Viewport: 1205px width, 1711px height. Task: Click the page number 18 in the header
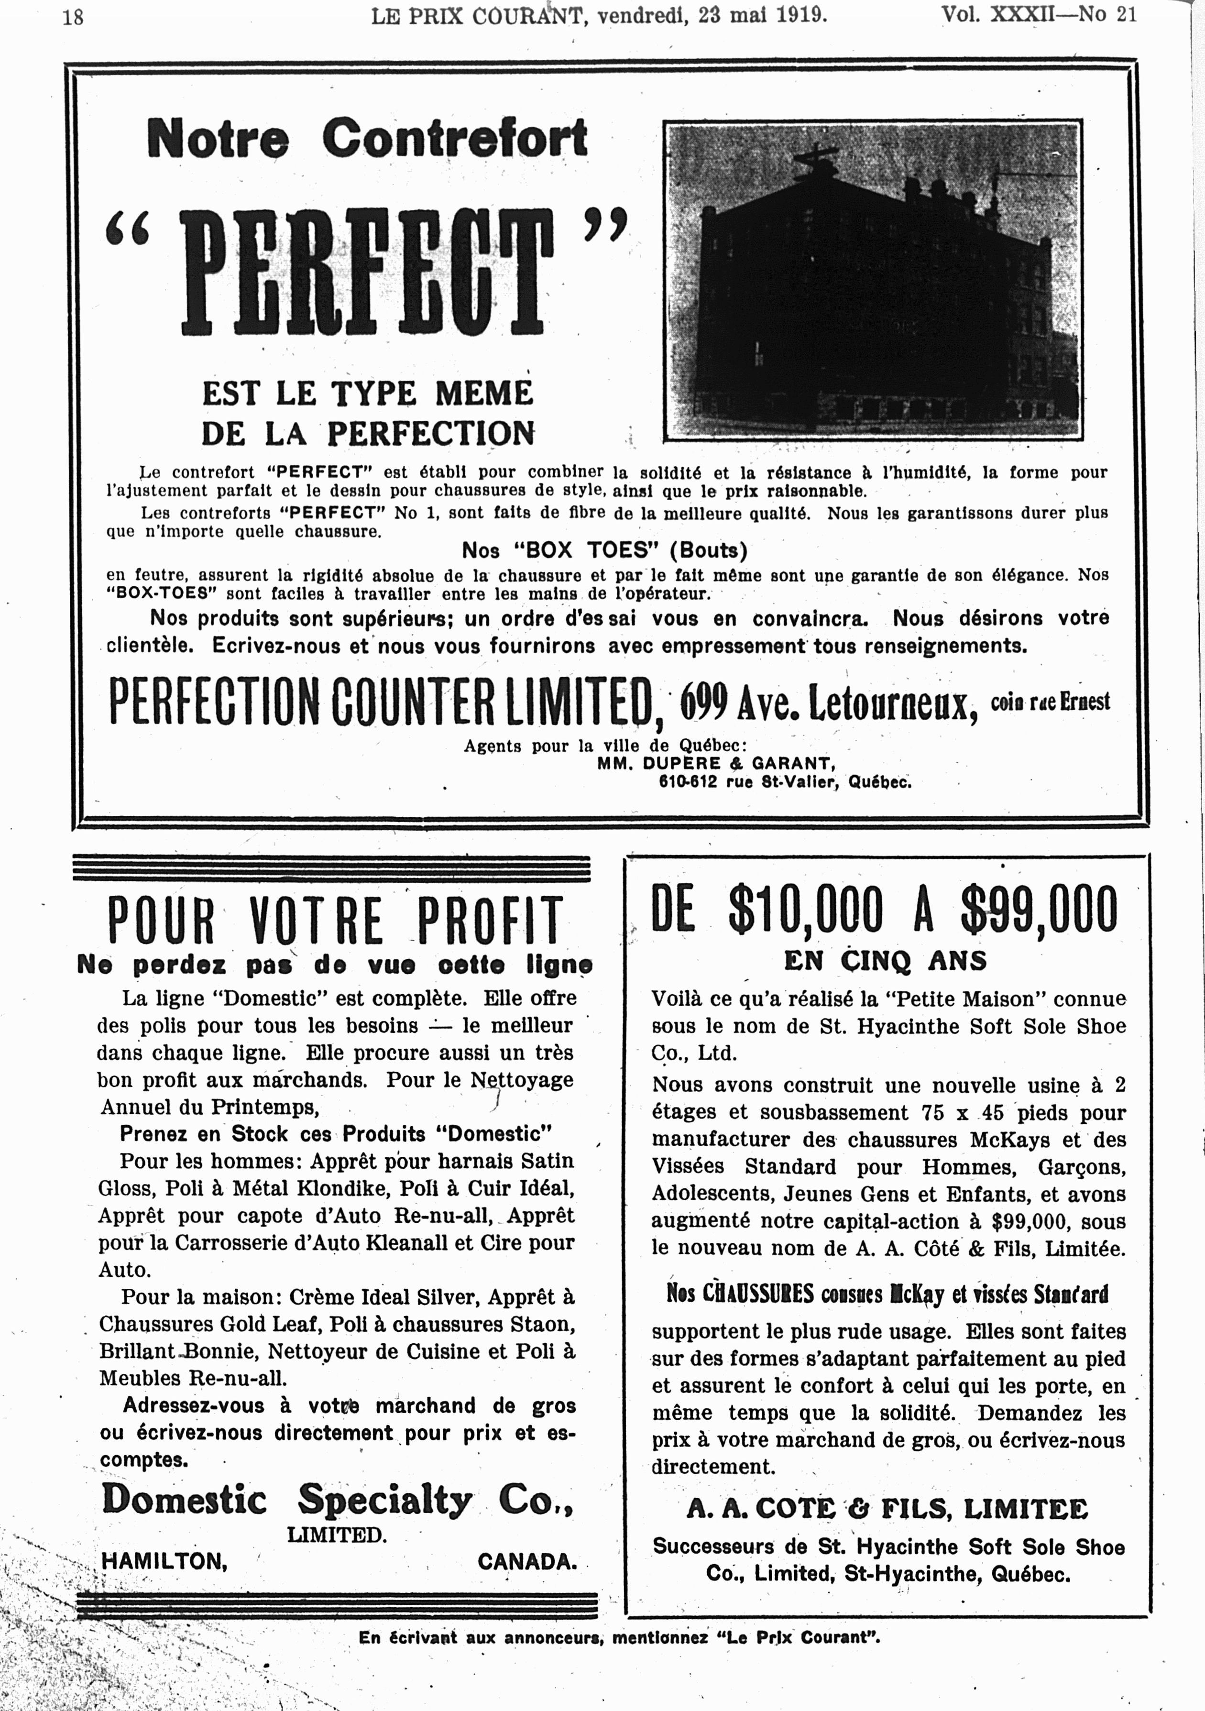pyautogui.click(x=73, y=16)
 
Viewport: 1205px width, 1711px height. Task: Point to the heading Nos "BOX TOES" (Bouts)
pyautogui.click(x=604, y=551)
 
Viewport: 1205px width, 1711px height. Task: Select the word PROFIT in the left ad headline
pyautogui.click(x=488, y=921)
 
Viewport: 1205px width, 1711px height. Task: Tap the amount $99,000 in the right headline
pyautogui.click(x=1039, y=909)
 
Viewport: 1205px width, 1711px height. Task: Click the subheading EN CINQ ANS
pyautogui.click(x=885, y=961)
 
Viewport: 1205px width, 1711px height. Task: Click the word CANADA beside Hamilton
pyautogui.click(x=527, y=1561)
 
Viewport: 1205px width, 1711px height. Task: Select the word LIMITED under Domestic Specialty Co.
pyautogui.click(x=336, y=1535)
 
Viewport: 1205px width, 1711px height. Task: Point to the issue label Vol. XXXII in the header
pyautogui.click(x=998, y=15)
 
